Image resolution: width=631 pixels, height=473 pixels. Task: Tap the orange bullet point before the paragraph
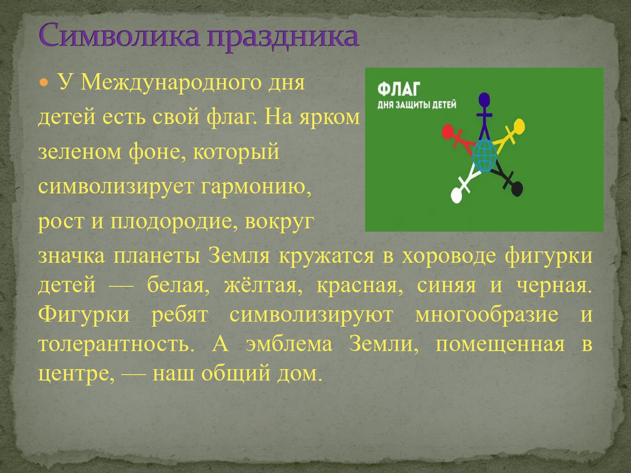pyautogui.click(x=44, y=83)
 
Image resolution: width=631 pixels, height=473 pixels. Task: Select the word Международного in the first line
pyautogui.click(x=171, y=83)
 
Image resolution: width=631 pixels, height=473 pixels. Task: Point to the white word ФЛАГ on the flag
pyautogui.click(x=399, y=89)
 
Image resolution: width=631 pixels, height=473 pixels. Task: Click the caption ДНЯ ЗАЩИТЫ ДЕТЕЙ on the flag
pyautogui.click(x=417, y=105)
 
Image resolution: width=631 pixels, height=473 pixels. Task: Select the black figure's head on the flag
pyautogui.click(x=517, y=189)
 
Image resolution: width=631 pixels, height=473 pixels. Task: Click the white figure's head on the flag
pyautogui.click(x=456, y=195)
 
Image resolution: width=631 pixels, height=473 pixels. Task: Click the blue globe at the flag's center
pyautogui.click(x=485, y=156)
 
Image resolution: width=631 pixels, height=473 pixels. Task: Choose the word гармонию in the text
pyautogui.click(x=256, y=187)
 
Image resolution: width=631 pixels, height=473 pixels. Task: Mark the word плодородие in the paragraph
pyautogui.click(x=171, y=222)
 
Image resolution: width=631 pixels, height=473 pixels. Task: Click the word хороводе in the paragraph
pyautogui.click(x=449, y=256)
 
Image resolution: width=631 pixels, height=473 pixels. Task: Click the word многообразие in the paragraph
pyautogui.click(x=487, y=315)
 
